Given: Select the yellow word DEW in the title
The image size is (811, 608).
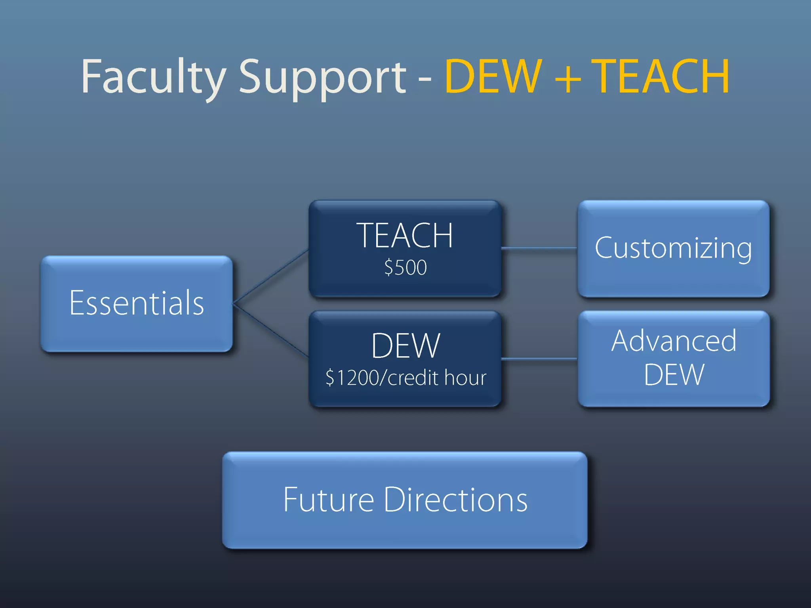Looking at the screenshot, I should pos(493,76).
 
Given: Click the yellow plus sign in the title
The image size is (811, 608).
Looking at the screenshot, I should pos(567,77).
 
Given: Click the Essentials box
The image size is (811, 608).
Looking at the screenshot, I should pos(137,304).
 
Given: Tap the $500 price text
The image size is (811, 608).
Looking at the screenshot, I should pos(405,267).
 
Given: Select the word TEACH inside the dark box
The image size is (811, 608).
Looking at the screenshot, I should pos(405,236).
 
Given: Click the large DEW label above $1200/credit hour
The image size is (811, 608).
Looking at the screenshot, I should pos(405,346).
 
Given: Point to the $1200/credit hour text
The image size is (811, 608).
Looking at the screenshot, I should pos(405,378).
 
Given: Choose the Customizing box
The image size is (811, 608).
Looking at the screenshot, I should pos(673,248).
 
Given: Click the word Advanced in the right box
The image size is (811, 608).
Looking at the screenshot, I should pos(674,340).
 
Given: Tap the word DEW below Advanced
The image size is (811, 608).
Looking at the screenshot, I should pos(674,374).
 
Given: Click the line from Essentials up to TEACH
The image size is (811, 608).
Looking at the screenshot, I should pos(271,276).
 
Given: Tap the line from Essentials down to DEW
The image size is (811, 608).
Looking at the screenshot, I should pos(271,331).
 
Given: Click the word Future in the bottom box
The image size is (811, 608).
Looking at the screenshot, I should pos(328,500).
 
